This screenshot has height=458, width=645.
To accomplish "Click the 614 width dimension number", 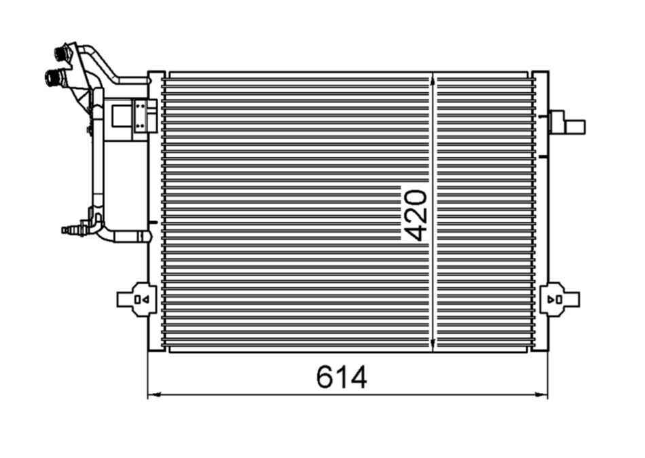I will pyautogui.click(x=342, y=377).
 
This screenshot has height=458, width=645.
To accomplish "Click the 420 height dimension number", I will pyautogui.click(x=415, y=215).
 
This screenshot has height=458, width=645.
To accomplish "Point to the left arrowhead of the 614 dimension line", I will pyautogui.click(x=152, y=394).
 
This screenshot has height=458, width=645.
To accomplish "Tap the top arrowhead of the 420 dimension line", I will pyautogui.click(x=433, y=78).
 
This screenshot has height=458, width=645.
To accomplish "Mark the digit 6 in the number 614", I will pyautogui.click(x=325, y=377).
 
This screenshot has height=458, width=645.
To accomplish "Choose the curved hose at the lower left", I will pyautogui.click(x=119, y=235).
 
